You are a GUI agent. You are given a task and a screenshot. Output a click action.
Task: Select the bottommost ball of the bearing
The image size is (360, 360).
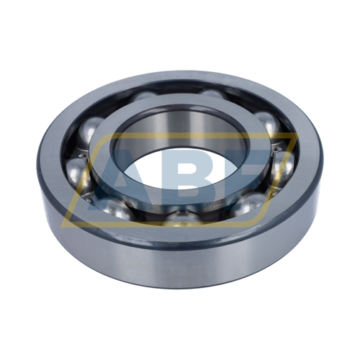[x=183, y=219]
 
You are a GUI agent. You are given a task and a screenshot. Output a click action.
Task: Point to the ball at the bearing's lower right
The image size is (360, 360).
[x=250, y=203]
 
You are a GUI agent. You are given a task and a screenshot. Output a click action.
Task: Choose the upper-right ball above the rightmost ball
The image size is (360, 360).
[x=268, y=125]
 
